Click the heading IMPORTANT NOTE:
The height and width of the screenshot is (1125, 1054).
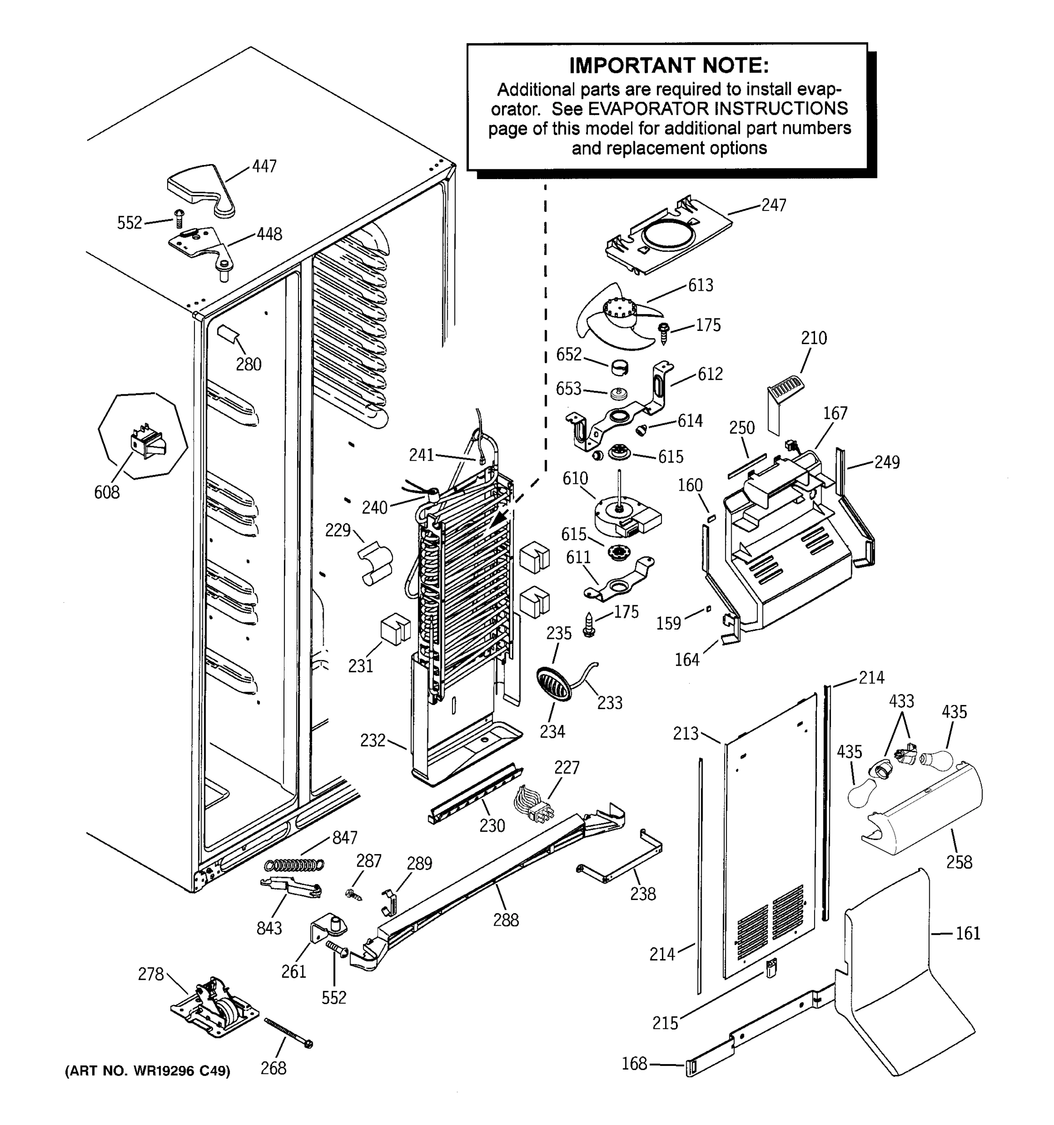pos(668,66)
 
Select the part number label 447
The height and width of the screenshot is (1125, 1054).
pos(264,166)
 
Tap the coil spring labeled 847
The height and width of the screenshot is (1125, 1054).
pos(295,865)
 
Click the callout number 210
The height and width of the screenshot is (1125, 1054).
pos(814,338)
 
